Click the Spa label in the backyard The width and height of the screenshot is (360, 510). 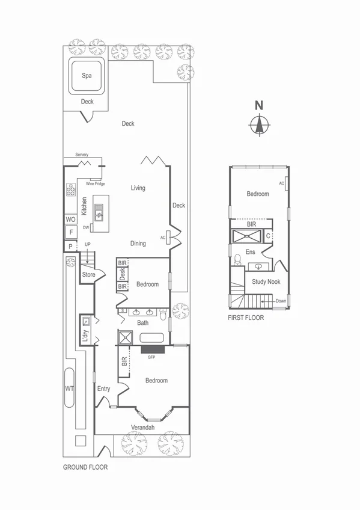point(87,76)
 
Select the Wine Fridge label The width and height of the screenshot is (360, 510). point(95,183)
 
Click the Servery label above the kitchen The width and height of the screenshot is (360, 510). point(82,155)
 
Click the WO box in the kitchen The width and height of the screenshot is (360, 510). point(70,220)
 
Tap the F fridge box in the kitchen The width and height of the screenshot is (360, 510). point(70,232)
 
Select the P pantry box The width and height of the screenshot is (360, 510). point(70,246)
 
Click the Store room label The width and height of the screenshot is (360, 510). point(88,275)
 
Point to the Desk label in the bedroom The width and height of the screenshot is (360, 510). point(122,275)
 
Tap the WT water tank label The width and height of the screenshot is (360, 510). point(70,389)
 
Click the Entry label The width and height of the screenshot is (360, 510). point(104,389)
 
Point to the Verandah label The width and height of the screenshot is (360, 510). point(143,428)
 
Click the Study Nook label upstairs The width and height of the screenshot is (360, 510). point(266,281)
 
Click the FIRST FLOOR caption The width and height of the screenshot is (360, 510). point(246,318)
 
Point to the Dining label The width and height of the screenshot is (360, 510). point(138,244)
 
